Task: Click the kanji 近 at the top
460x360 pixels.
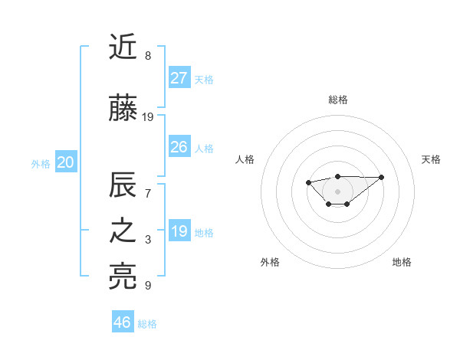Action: click(x=123, y=48)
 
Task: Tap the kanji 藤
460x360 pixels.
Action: click(x=123, y=110)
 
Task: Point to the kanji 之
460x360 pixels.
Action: click(x=123, y=232)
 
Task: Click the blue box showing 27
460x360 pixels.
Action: click(x=179, y=77)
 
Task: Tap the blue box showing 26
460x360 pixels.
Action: click(x=179, y=147)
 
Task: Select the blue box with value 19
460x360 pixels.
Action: click(x=179, y=231)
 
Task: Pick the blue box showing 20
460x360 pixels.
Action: click(x=66, y=162)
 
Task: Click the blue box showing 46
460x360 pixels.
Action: click(x=123, y=322)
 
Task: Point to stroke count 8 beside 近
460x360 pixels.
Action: click(x=147, y=56)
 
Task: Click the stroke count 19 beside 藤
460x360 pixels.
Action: click(x=148, y=117)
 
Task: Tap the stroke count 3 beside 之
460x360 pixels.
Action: click(x=147, y=240)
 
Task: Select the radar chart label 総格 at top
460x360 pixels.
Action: click(x=337, y=100)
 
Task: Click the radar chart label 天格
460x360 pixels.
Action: click(x=432, y=159)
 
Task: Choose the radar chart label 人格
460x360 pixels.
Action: click(x=245, y=159)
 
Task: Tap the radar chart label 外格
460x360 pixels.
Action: click(x=270, y=262)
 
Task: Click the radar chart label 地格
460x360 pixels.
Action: click(x=402, y=262)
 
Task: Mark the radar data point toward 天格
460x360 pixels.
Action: click(x=382, y=177)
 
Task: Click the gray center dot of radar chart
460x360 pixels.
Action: click(x=337, y=191)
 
